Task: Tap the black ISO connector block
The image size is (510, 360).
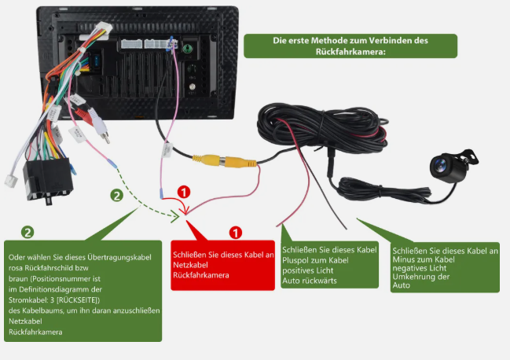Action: [48, 181]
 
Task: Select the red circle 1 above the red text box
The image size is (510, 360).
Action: [236, 233]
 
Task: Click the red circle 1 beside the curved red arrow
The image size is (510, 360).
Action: [184, 192]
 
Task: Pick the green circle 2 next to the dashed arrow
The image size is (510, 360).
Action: [117, 196]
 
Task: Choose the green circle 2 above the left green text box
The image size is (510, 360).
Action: [28, 232]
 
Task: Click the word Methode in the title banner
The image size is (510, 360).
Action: [328, 41]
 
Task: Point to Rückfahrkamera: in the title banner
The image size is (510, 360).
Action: [350, 52]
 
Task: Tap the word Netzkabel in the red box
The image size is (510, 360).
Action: [190, 265]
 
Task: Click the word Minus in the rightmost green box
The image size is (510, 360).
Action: [403, 259]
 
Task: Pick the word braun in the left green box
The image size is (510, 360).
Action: [18, 279]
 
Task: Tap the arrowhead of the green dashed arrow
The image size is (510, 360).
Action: [176, 216]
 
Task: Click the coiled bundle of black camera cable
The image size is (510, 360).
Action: [322, 127]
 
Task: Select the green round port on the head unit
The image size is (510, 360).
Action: [188, 49]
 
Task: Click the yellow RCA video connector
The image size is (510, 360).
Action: [225, 160]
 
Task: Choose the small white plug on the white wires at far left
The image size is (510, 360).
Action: [11, 181]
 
